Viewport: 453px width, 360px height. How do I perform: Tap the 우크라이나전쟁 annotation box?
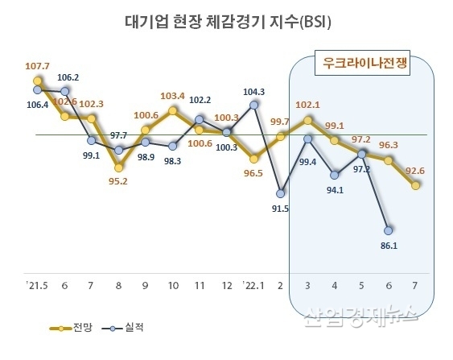[x=361, y=63]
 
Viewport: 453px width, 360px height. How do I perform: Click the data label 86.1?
[x=389, y=245]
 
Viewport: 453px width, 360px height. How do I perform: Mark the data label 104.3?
[x=255, y=91]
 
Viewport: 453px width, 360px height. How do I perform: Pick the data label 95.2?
[x=119, y=181]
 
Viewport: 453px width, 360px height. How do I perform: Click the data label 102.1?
[x=308, y=104]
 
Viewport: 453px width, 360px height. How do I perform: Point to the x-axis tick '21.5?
[x=37, y=285]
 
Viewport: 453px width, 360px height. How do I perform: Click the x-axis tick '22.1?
[x=253, y=285]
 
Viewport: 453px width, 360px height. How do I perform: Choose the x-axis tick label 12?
[x=227, y=285]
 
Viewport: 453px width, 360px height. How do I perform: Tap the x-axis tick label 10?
[x=173, y=285]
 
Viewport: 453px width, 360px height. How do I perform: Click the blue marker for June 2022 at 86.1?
[x=389, y=229]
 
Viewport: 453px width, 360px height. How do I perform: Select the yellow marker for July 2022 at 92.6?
[x=416, y=185]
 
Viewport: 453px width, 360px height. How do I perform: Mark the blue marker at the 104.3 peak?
[x=254, y=104]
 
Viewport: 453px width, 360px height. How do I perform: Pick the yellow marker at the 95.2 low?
[x=119, y=168]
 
